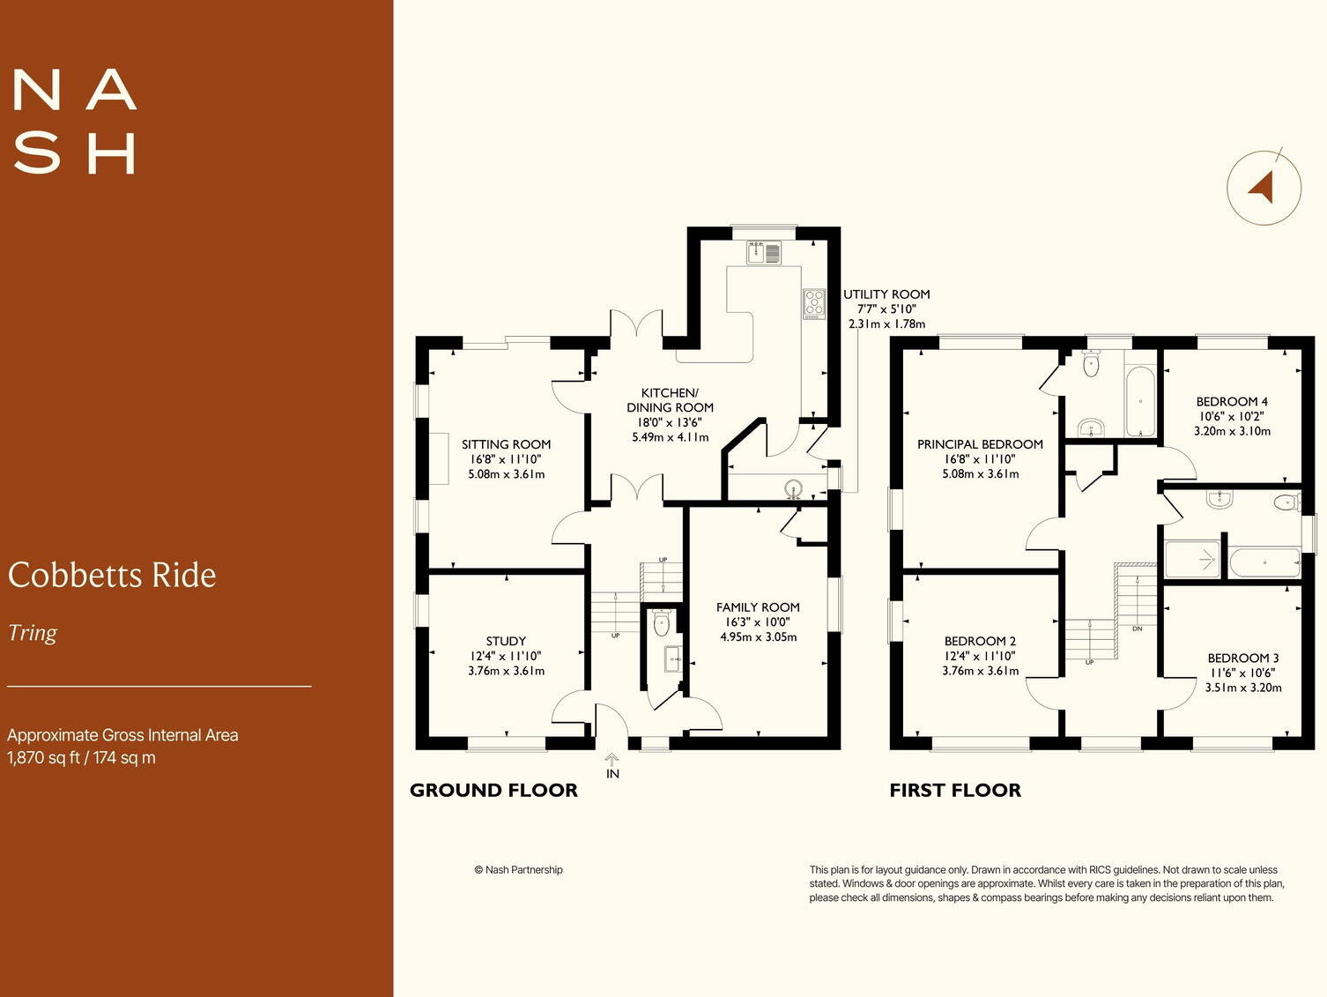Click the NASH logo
(x=75, y=122)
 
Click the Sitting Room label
(x=506, y=445)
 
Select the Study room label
(x=506, y=641)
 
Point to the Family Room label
(x=758, y=607)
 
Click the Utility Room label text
(x=886, y=294)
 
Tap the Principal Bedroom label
(x=980, y=445)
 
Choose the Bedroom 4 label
(x=1232, y=402)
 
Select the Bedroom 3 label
(x=1243, y=658)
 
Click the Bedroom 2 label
(x=980, y=641)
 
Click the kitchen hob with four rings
(x=813, y=303)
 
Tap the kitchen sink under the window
(x=764, y=253)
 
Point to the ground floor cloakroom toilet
(x=662, y=624)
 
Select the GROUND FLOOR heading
(x=493, y=791)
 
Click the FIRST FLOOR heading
(x=955, y=791)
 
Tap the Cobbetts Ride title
(x=112, y=576)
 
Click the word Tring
(x=33, y=633)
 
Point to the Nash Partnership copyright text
(x=518, y=870)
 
